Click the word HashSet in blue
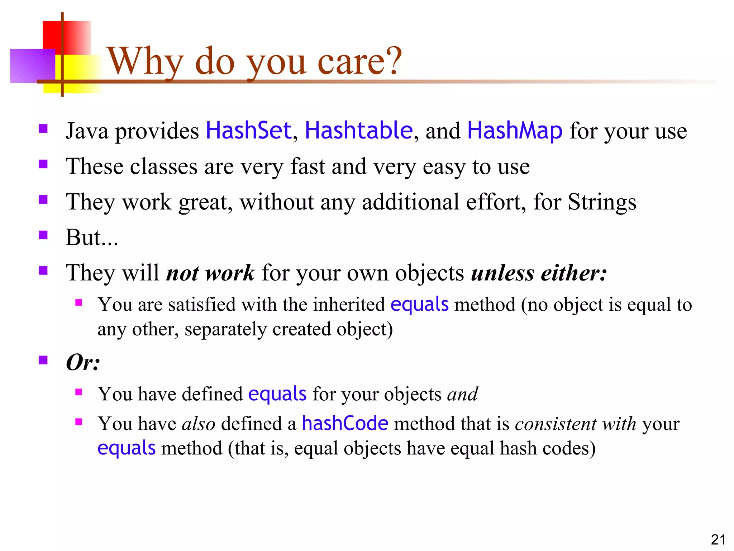tap(248, 130)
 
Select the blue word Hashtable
tap(358, 130)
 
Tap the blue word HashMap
tap(515, 130)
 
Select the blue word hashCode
tap(345, 423)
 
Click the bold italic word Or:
tap(83, 362)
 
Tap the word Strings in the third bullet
tap(602, 202)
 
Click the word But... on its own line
tap(92, 237)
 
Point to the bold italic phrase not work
tap(210, 273)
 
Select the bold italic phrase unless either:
tap(539, 273)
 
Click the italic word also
tap(199, 424)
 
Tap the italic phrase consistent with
tap(575, 424)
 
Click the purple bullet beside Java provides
tap(43, 129)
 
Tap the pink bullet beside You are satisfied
tap(79, 303)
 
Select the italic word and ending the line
tap(462, 394)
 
